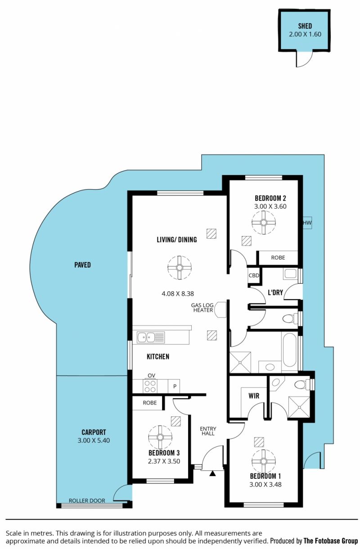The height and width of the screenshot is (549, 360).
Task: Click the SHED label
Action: coord(305,26)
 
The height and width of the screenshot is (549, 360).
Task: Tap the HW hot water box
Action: coord(307,223)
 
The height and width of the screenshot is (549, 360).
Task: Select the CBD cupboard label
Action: coord(254,275)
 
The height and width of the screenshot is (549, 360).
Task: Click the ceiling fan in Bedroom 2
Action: coord(263,223)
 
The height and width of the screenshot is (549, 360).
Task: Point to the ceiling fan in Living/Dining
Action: coord(180,268)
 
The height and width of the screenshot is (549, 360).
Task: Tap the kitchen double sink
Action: coord(151,338)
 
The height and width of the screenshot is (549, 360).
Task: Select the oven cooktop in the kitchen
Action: coord(150,386)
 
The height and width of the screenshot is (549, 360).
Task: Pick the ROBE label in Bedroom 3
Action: coord(149,402)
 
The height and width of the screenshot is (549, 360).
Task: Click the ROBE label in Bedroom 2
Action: coord(278,258)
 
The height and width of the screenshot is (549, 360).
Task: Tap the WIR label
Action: coord(254,396)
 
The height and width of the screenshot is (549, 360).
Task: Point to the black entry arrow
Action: coord(212,473)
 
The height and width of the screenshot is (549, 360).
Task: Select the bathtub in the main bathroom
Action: coord(290,349)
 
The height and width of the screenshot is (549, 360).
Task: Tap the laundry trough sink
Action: coord(290,274)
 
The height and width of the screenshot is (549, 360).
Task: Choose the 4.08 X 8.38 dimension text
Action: coord(178,293)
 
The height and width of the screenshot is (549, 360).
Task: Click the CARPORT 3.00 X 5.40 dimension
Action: coord(94,440)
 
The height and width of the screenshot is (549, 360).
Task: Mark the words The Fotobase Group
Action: coord(331,540)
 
